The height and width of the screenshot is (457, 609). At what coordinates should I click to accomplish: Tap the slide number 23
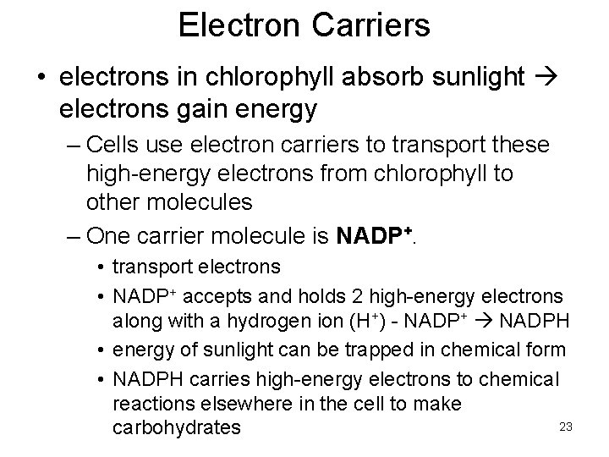[x=566, y=427]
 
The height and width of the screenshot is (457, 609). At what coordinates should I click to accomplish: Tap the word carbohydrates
[x=176, y=427]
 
